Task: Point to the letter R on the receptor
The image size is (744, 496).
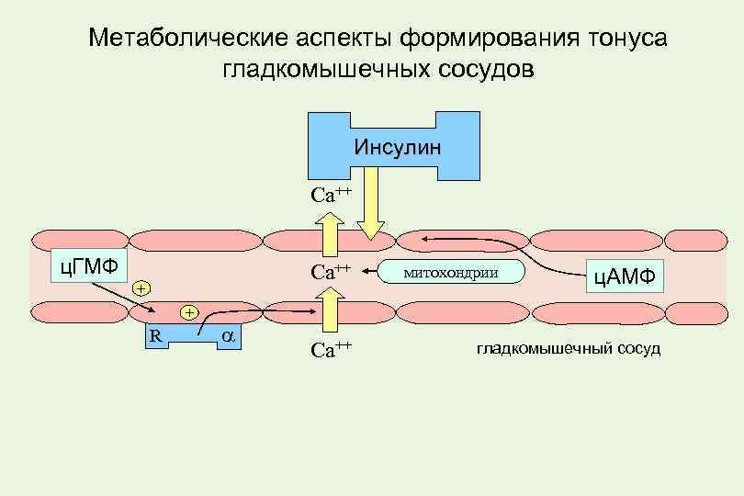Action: [x=156, y=335]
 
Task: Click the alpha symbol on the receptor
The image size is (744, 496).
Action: [x=228, y=336]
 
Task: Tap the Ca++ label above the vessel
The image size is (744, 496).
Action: [x=331, y=195]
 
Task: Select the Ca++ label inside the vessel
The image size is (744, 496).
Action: [x=331, y=272]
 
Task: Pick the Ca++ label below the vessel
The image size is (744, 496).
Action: [x=331, y=350]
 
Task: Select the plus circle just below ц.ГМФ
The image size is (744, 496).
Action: [x=140, y=288]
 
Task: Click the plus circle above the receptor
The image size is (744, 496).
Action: [x=188, y=312]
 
